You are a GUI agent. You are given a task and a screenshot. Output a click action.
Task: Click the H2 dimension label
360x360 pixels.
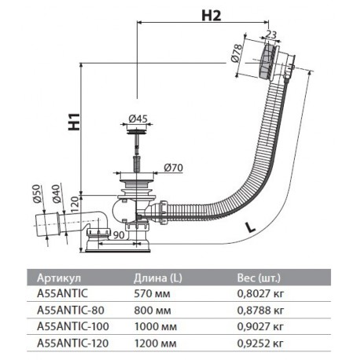(x=211, y=16)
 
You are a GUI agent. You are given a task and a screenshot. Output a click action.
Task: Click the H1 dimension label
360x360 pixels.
(x=74, y=122)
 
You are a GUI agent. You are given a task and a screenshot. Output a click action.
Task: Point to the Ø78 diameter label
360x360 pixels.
(x=237, y=53)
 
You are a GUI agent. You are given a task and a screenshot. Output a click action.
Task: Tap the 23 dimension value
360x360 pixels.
(x=271, y=35)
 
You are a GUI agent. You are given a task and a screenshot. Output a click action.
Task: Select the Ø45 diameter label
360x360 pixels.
(x=138, y=119)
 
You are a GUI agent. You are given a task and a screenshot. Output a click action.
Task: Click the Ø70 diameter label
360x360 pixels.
(x=174, y=167)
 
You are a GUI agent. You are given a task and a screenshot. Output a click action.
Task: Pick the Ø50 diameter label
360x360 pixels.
(x=37, y=194)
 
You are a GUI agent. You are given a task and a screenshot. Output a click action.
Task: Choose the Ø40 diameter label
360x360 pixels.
(x=56, y=193)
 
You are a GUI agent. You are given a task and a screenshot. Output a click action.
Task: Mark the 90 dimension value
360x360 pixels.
(x=119, y=235)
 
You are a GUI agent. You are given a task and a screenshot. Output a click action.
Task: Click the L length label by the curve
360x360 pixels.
(x=250, y=227)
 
